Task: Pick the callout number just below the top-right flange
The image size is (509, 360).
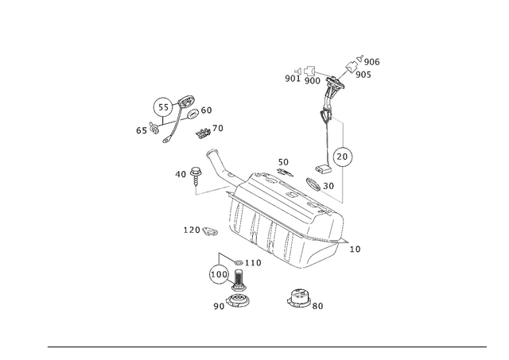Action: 365,76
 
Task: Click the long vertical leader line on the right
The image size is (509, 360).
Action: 344,159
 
